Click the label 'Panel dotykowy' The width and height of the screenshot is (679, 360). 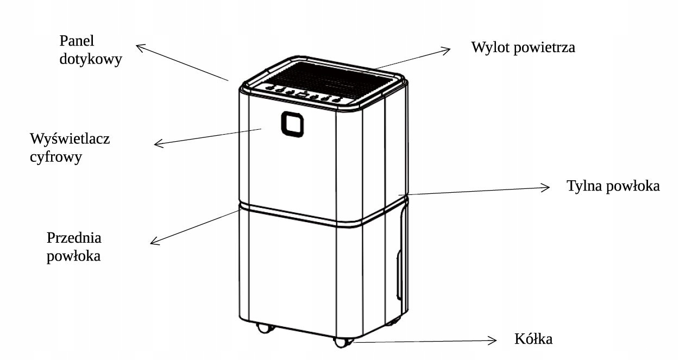click(x=90, y=50)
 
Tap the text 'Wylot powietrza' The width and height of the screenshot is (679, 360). click(x=523, y=47)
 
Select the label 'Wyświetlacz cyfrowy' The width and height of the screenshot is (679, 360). click(x=70, y=148)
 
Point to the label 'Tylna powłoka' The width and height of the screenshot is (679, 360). click(x=613, y=186)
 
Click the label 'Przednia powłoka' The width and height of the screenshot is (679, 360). click(x=74, y=247)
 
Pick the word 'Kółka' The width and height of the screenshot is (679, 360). click(x=533, y=340)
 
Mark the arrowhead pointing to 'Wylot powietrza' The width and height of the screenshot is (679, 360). click(x=447, y=50)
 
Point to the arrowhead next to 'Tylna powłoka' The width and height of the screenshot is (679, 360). click(x=546, y=188)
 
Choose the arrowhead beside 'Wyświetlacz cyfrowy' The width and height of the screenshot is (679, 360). click(x=158, y=144)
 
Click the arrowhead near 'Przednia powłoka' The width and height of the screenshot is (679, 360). click(x=154, y=242)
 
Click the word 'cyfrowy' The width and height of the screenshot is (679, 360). click(x=56, y=157)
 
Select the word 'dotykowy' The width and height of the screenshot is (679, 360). click(x=90, y=59)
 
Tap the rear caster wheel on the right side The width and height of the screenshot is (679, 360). click(x=392, y=322)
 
